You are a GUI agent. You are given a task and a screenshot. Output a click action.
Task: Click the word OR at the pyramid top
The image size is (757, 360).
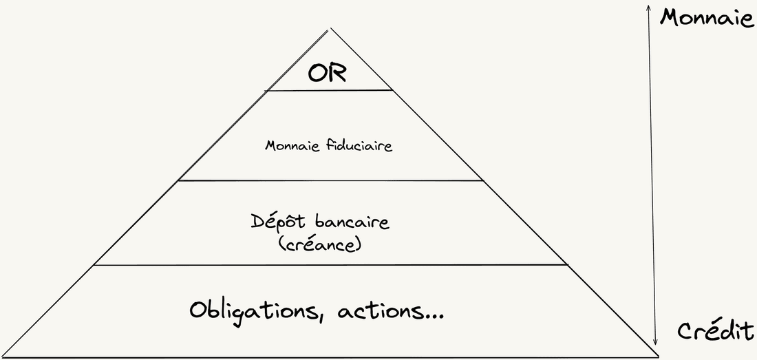pos(328,74)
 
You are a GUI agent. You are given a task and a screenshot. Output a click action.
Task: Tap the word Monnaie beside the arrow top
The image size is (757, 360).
pos(707,19)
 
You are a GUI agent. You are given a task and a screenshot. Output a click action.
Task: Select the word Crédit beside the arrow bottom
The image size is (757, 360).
pos(715,332)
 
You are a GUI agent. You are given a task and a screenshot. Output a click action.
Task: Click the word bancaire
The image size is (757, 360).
pos(352,222)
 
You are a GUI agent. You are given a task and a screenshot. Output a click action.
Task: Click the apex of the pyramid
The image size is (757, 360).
pos(330,29)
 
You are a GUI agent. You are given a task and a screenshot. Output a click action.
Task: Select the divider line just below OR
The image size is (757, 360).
pos(329,90)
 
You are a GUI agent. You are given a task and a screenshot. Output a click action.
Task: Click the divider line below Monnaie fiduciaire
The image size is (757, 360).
pos(331,180)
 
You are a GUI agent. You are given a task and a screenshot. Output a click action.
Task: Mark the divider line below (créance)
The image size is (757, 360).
pos(330,264)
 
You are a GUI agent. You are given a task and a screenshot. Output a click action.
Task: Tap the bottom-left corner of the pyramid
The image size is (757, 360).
pos(3,357)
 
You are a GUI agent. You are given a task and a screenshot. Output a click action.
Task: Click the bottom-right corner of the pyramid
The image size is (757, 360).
pos(657,357)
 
